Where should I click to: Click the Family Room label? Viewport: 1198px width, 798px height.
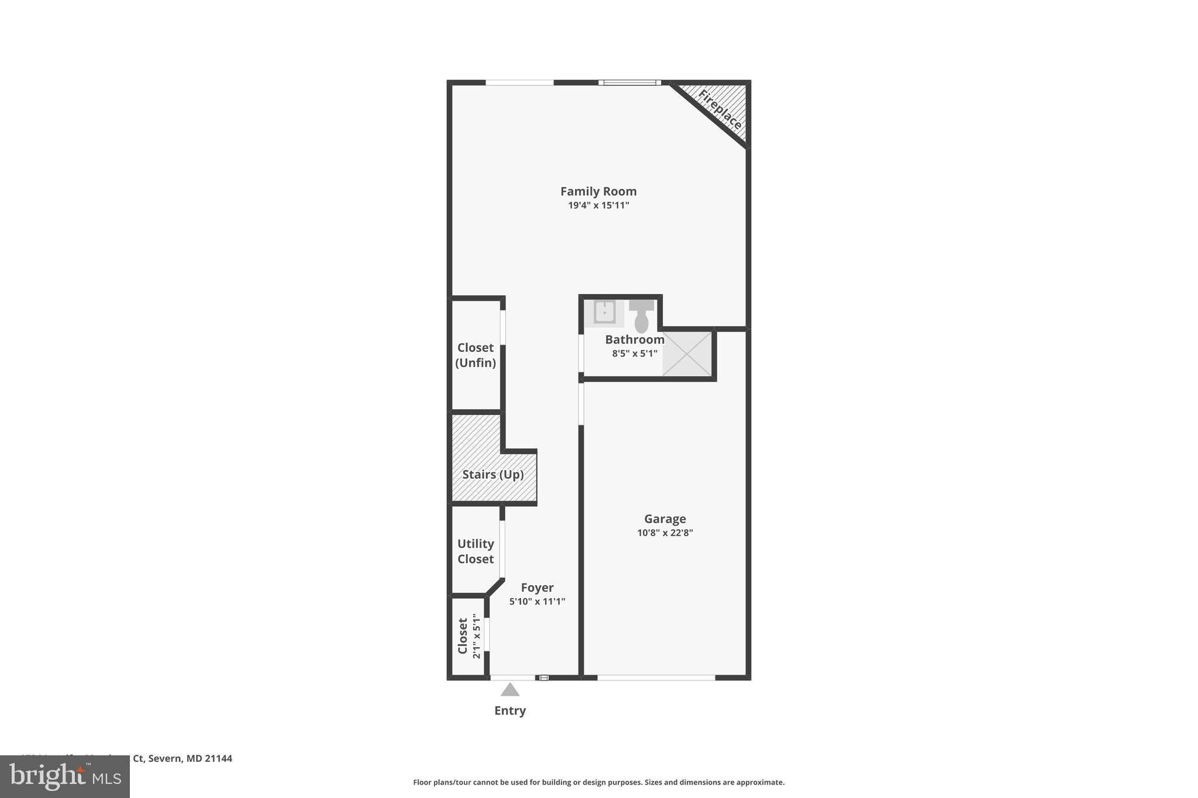(x=598, y=191)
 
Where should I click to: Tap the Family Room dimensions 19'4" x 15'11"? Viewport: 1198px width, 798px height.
(x=598, y=205)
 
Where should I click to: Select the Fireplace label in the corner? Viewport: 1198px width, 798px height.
(x=720, y=109)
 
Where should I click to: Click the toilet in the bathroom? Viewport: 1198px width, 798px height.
(x=641, y=316)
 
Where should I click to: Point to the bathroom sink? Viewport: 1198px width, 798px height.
(x=604, y=312)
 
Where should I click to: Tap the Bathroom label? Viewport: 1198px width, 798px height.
(x=634, y=340)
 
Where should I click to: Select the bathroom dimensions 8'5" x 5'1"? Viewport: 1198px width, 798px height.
(x=634, y=353)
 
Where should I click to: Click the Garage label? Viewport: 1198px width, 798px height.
(x=665, y=519)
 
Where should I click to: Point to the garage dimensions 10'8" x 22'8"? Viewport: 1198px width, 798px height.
(x=665, y=533)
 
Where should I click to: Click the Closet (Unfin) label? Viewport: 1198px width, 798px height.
(x=475, y=355)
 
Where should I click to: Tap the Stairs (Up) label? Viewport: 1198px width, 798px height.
(x=493, y=474)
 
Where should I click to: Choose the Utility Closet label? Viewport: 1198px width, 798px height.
(x=475, y=551)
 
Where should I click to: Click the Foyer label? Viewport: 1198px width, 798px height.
(x=537, y=588)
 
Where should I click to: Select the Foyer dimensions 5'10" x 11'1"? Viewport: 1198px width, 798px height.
(x=537, y=602)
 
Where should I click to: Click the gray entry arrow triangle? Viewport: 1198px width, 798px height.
(x=510, y=690)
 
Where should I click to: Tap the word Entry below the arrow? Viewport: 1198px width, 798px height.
(x=510, y=710)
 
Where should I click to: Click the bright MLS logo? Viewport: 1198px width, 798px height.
(x=65, y=776)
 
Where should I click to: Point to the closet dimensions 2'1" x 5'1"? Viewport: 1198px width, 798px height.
(x=476, y=636)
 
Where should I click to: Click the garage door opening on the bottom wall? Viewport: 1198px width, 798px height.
(x=656, y=678)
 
